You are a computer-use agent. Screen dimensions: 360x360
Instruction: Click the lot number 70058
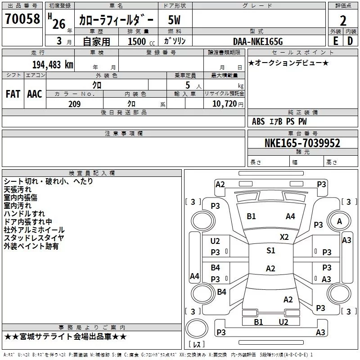coord(21,19)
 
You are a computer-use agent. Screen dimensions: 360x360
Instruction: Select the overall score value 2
coord(343,21)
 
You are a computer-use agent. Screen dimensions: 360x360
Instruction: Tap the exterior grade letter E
coord(335,41)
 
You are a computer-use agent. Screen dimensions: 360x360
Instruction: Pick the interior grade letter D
coord(350,41)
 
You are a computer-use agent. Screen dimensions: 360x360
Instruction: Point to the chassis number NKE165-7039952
coord(302,144)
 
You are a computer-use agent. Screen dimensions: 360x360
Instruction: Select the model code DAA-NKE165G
coord(258,41)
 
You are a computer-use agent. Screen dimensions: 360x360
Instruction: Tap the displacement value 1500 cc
coord(140,41)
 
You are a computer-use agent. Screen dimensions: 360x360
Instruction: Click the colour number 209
coord(74,104)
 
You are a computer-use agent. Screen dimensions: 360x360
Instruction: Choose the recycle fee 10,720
coord(224,104)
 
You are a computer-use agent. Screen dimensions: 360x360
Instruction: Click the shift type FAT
coord(13,94)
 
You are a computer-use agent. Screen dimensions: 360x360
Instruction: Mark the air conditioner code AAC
coord(34,94)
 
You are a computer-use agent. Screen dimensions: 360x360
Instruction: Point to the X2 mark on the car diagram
coord(284,237)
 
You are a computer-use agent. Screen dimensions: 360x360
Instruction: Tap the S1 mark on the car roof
coord(271,251)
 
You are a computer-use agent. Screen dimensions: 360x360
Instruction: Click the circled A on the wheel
coord(339,221)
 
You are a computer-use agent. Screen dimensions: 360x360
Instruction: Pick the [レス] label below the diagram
coord(196,345)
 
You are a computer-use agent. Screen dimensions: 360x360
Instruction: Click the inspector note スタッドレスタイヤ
coord(34,238)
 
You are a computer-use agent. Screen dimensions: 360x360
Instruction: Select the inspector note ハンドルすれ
coord(24,214)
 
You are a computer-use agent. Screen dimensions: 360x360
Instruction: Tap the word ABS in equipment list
coord(258,121)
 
